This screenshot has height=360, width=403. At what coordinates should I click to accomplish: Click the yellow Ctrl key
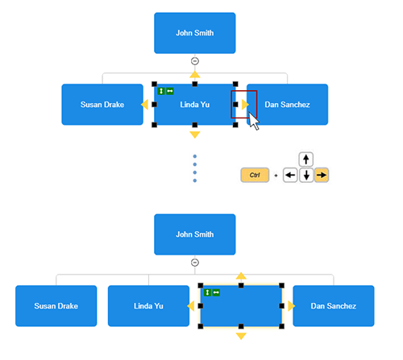coord(254,175)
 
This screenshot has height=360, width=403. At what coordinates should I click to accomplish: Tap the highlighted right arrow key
coord(322,175)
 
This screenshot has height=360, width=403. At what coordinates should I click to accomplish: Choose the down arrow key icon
coord(306,175)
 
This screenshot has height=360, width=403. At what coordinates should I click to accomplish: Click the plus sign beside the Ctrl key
coord(275,175)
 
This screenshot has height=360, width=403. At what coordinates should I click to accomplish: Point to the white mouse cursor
coord(253,121)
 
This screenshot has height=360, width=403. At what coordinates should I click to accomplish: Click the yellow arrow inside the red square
coord(244,104)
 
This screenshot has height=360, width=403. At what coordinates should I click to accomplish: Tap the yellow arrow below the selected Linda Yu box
coord(194,134)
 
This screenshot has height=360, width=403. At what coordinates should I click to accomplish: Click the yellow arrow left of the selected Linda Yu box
coord(144,104)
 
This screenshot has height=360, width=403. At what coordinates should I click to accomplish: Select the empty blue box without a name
coord(240,306)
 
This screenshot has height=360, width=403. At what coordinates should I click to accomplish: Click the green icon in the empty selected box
coord(212,292)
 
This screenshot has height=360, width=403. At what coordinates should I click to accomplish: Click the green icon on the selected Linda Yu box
coord(165,90)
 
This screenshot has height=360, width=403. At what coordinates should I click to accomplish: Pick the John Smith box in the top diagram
coord(194,33)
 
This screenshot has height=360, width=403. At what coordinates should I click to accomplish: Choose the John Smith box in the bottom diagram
coord(194,234)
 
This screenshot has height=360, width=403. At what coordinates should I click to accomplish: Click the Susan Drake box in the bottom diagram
coord(56,306)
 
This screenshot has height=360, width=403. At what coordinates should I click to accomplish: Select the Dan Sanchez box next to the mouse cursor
coord(287,104)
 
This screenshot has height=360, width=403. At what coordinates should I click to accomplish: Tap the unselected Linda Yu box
coord(148,306)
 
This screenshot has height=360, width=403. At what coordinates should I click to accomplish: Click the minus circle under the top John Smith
coord(194,61)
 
